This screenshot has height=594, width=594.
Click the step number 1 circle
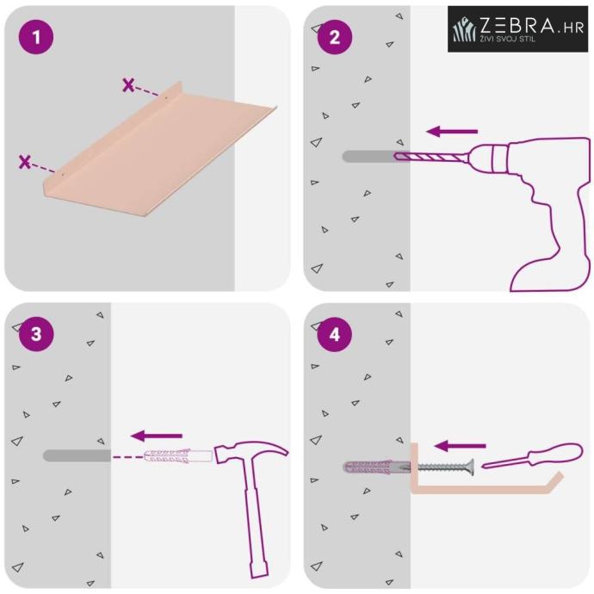pyautogui.click(x=36, y=37)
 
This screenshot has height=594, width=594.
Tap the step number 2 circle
pyautogui.click(x=335, y=37)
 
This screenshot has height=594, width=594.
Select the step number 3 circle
pyautogui.click(x=36, y=334)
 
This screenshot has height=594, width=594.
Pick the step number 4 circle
pyautogui.click(x=335, y=334)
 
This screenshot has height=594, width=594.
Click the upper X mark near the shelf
pyautogui.click(x=129, y=85)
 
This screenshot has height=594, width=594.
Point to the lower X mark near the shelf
pyautogui.click(x=25, y=162)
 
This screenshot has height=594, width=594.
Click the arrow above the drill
pyautogui.click(x=452, y=132)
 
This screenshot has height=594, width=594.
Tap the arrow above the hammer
pyautogui.click(x=157, y=436)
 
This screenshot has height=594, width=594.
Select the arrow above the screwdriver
pyautogui.click(x=460, y=446)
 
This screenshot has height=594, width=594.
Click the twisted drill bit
pyautogui.click(x=430, y=156)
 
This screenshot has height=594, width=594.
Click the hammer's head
pyautogui.click(x=251, y=452)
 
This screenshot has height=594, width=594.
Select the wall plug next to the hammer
pyautogui.click(x=177, y=456)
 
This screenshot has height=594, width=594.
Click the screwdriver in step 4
pyautogui.click(x=532, y=455)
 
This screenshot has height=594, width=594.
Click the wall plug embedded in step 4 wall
pyautogui.click(x=377, y=467)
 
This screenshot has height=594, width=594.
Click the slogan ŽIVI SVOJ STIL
pyautogui.click(x=508, y=39)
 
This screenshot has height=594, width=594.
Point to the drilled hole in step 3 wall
pyautogui.click(x=77, y=455)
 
